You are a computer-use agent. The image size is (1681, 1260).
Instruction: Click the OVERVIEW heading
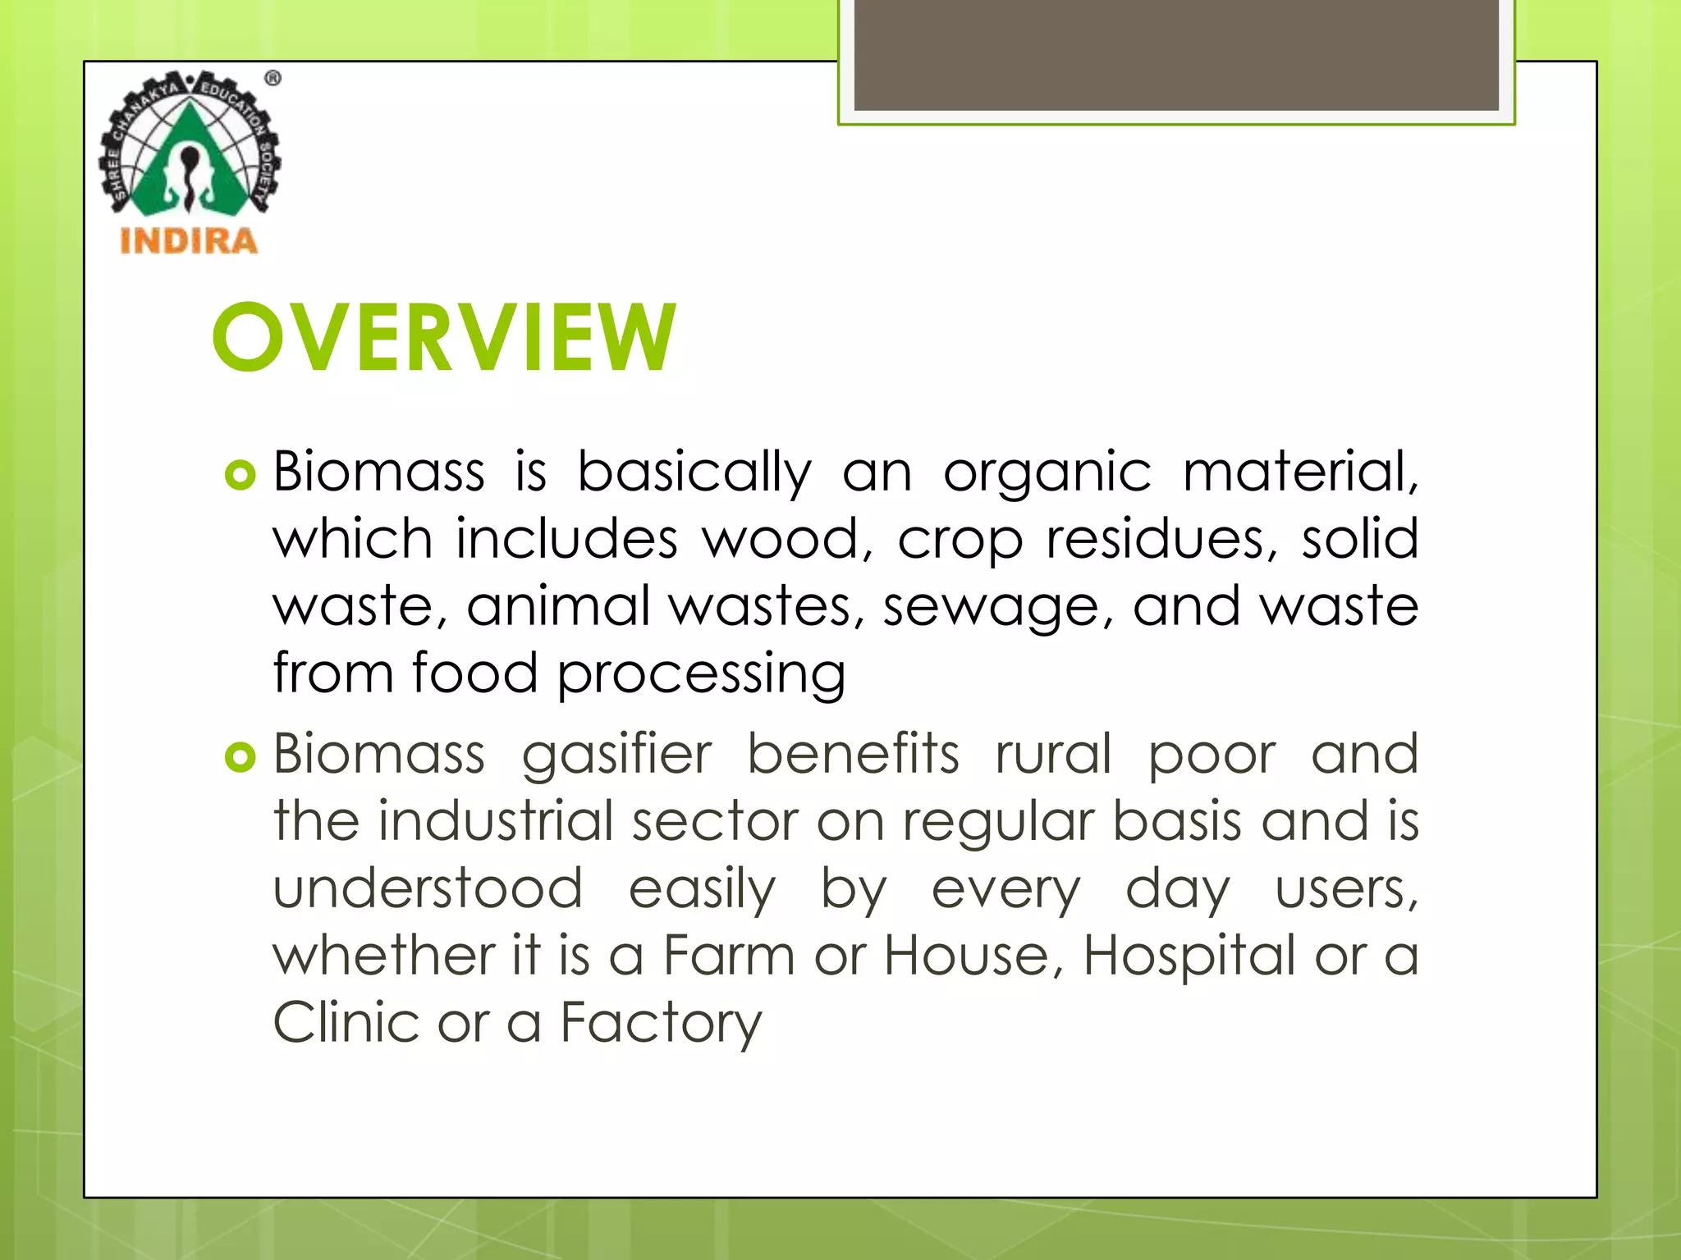tap(444, 336)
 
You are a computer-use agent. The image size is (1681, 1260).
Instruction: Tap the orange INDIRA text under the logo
tap(189, 241)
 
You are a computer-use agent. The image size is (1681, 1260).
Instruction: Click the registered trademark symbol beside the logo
tap(273, 79)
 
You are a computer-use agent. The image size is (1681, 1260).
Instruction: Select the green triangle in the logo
tap(190, 164)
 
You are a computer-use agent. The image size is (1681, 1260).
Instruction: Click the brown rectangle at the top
tap(1175, 54)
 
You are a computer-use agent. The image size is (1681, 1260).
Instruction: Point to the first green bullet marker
tap(240, 475)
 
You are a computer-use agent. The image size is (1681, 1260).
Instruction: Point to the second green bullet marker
tap(240, 757)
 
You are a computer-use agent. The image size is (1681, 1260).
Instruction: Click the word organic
tap(1047, 472)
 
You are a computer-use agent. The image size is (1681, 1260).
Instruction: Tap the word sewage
tap(997, 607)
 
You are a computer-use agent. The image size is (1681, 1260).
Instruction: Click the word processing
tap(701, 674)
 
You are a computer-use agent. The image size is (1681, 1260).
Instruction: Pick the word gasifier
tap(616, 755)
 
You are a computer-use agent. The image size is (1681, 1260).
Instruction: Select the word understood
tap(428, 888)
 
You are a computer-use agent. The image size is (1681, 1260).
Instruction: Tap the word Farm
tap(728, 956)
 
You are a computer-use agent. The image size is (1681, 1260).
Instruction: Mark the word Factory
tap(661, 1025)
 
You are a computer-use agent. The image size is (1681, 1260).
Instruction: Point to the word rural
tap(1053, 755)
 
